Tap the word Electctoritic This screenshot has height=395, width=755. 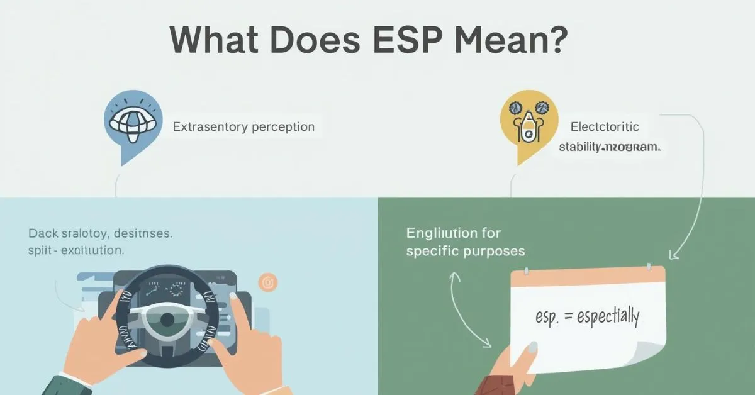coord(605,126)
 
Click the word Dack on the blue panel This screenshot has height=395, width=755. coord(42,233)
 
